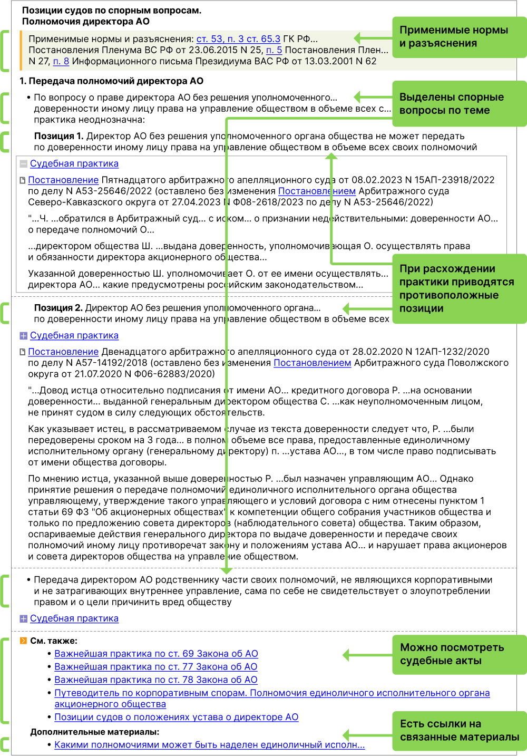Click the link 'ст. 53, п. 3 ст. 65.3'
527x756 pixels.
[x=238, y=39]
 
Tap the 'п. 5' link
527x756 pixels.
[x=274, y=50]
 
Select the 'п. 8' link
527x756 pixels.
[x=61, y=61]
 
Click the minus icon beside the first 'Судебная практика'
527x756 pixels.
[x=23, y=164]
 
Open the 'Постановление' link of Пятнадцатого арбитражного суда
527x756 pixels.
[x=63, y=180]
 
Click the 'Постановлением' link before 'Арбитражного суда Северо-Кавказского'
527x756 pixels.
[x=317, y=191]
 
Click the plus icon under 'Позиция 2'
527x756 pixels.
[x=23, y=336]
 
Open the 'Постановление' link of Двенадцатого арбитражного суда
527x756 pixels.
[x=63, y=352]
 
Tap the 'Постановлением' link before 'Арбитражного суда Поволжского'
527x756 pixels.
[x=312, y=363]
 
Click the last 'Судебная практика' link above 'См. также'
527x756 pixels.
[x=74, y=618]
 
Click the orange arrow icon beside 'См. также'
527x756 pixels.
[x=23, y=641]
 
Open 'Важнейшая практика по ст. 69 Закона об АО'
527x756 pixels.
[x=156, y=654]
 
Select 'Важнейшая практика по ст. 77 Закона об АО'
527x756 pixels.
[x=156, y=667]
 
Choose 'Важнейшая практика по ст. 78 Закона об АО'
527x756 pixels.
[x=156, y=680]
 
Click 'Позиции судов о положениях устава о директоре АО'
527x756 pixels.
[x=176, y=717]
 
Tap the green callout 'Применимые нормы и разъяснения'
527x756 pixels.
[x=459, y=37]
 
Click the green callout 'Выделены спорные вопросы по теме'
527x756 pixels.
[x=459, y=104]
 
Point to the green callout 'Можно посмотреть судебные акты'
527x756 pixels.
[x=459, y=654]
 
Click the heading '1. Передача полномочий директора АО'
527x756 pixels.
[x=111, y=81]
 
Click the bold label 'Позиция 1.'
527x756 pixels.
[x=58, y=136]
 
